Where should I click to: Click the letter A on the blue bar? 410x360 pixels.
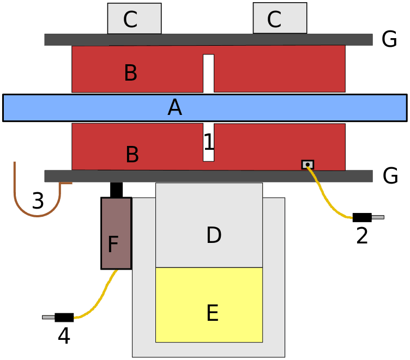click(174, 108)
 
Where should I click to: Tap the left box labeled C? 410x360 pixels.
click(134, 19)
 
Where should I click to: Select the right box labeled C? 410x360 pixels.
click(280, 19)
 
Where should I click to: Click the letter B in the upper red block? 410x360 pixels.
click(130, 73)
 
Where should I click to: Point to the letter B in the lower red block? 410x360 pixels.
click(132, 155)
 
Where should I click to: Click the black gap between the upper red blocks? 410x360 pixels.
click(208, 72)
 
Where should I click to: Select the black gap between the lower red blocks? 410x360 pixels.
click(208, 143)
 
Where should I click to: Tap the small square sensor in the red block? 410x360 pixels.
click(307, 164)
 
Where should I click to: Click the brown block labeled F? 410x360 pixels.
click(116, 233)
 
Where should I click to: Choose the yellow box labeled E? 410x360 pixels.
click(209, 304)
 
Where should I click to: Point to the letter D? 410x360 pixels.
click(214, 235)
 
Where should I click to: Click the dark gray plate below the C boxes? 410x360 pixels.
click(208, 40)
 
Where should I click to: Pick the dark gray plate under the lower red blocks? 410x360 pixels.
click(208, 176)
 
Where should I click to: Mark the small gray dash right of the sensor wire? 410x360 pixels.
click(377, 217)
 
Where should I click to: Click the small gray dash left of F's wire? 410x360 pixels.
click(49, 317)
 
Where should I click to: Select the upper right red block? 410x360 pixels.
click(279, 69)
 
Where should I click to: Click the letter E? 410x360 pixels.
click(212, 314)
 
